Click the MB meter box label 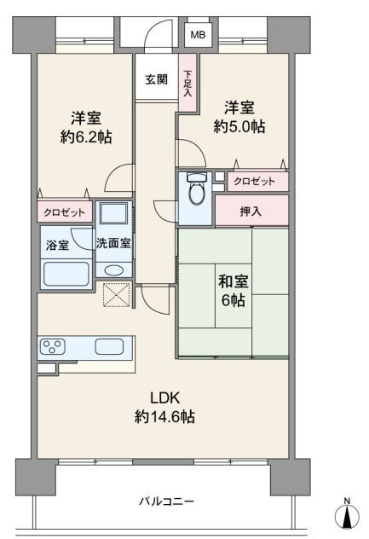click(x=198, y=35)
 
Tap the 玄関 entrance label click(x=156, y=80)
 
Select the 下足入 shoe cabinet click(x=187, y=83)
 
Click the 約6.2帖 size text click(x=86, y=137)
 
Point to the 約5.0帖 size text click(x=239, y=126)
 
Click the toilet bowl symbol click(x=197, y=189)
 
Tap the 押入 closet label click(x=251, y=211)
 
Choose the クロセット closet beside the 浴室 click(x=65, y=212)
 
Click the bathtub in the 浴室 click(x=66, y=275)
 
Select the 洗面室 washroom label click(x=113, y=243)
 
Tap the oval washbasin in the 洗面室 click(x=114, y=270)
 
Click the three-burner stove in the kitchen click(x=52, y=347)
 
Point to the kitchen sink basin click(x=109, y=346)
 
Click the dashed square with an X click(x=117, y=294)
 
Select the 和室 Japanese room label click(x=234, y=282)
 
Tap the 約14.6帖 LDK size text click(x=164, y=417)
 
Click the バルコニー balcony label click(x=166, y=501)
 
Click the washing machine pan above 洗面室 click(x=113, y=213)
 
